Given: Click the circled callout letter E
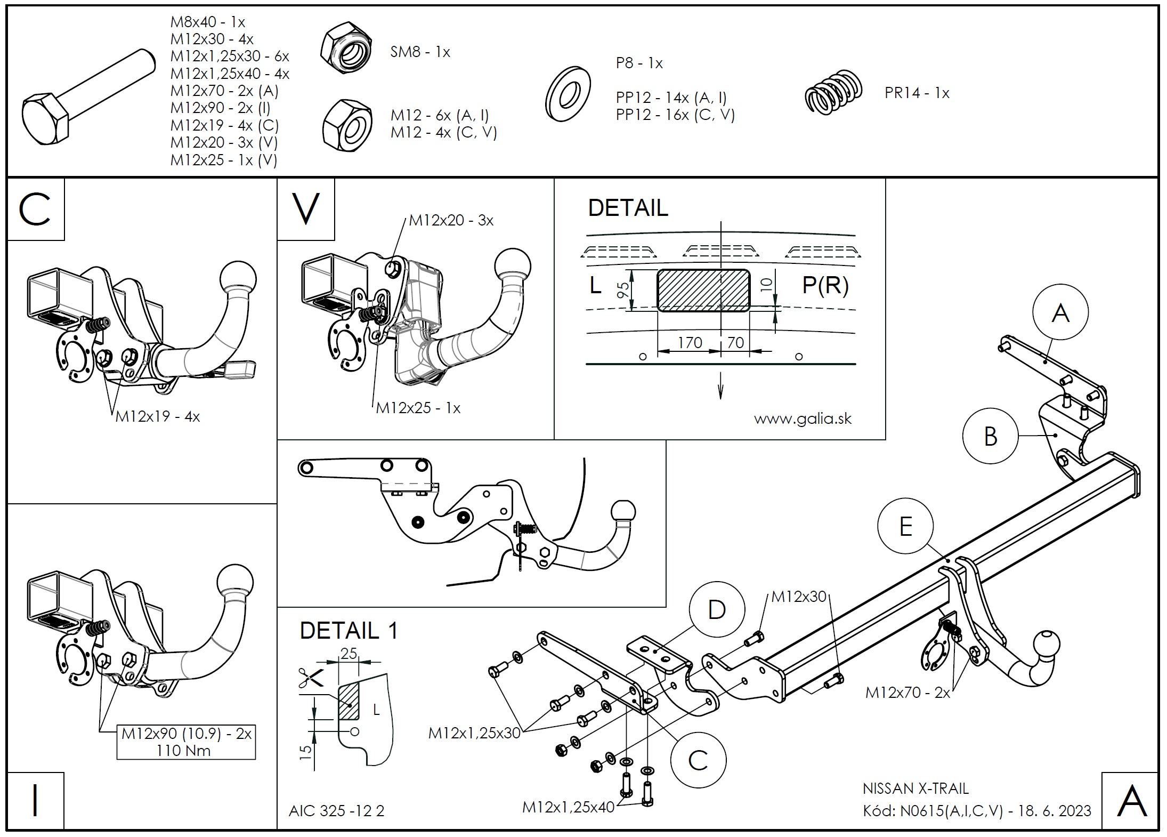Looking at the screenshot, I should [905, 527].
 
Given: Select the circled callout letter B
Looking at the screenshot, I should [991, 436].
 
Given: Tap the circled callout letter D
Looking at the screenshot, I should [717, 609].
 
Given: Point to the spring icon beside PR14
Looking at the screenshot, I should [833, 92].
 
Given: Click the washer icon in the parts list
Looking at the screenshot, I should [569, 94].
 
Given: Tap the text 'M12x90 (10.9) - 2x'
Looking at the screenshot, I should [186, 734].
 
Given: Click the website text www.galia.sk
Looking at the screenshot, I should [803, 418].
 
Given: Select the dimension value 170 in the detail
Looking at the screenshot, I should [690, 343].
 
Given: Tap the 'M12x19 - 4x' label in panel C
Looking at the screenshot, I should [158, 416].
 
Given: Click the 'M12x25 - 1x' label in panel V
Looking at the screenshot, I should [418, 408].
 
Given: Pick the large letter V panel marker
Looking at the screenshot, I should [306, 209].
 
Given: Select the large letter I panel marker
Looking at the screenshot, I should [35, 801].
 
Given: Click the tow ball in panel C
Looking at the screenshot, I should [238, 278].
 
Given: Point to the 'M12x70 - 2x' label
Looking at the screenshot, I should [907, 693].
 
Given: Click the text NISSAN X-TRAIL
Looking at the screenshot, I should [915, 788].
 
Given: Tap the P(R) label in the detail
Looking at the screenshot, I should [825, 286].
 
